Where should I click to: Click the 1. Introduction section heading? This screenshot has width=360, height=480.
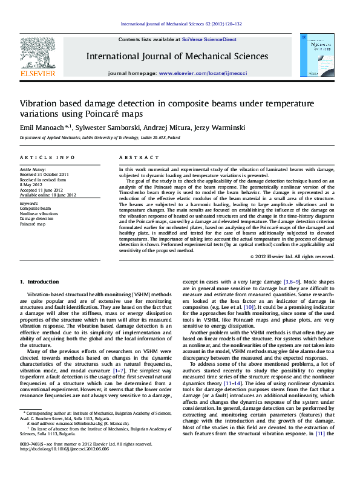point(39,282)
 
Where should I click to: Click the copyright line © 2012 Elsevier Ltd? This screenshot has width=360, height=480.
point(292,257)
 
